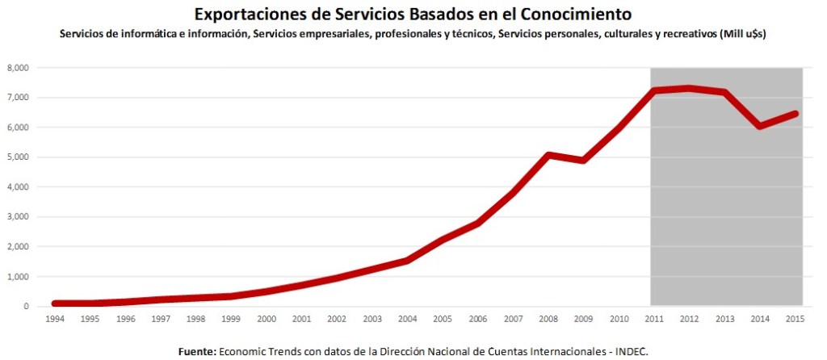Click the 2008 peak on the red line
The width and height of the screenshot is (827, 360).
pos(548,154)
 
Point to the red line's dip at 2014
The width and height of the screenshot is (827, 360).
pos(758,126)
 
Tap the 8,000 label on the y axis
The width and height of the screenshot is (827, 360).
pos(18,68)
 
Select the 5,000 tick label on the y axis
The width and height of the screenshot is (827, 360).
pos(18,157)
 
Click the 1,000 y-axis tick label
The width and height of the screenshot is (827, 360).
pos(18,277)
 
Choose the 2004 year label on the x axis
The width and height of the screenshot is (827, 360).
pos(409,319)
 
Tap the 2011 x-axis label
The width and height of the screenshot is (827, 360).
pos(653,319)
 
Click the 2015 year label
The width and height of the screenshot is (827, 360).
pos(794,319)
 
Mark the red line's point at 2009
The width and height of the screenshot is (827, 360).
pos(583,160)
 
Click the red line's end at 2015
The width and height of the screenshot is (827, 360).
pos(796,113)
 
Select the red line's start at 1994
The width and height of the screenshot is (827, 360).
pos(55,303)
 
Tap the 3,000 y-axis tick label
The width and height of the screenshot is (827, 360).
pos(18,217)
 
